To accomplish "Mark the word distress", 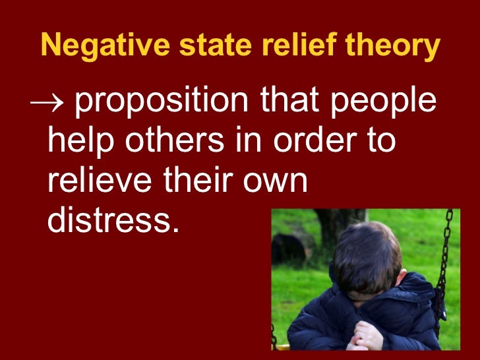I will point(113,219).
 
